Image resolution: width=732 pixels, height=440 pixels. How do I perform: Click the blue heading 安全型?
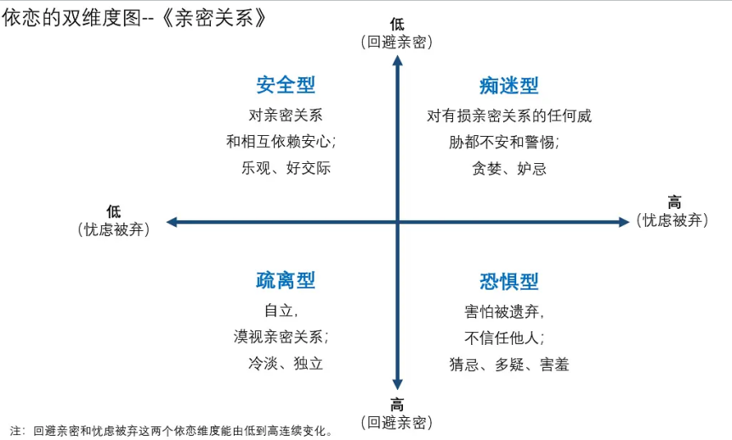(x=286, y=85)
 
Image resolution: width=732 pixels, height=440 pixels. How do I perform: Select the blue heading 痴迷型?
(x=509, y=86)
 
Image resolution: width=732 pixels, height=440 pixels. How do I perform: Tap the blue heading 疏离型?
(x=286, y=280)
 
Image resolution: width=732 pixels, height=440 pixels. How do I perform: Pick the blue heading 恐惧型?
(x=509, y=281)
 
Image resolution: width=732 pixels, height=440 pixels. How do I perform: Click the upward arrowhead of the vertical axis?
(x=397, y=60)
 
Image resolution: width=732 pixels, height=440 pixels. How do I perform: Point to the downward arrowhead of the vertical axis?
(x=397, y=384)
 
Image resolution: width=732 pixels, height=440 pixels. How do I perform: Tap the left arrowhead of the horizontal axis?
(x=172, y=222)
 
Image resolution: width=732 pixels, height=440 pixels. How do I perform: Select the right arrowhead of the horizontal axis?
(x=624, y=222)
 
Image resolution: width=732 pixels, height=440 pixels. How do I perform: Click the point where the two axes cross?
(x=397, y=222)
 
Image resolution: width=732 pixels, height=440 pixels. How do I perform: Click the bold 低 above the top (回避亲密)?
(x=397, y=24)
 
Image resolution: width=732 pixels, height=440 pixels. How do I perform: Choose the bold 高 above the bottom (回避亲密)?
(x=397, y=404)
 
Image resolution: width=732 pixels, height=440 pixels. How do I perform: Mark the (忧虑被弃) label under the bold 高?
(x=672, y=220)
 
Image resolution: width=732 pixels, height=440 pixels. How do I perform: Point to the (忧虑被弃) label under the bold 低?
(x=114, y=229)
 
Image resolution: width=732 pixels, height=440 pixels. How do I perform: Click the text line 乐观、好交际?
(x=286, y=168)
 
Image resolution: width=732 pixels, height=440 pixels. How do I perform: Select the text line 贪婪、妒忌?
(x=509, y=168)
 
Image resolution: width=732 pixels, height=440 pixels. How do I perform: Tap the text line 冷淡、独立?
(x=286, y=363)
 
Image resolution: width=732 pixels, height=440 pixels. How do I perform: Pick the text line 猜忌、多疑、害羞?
(x=509, y=364)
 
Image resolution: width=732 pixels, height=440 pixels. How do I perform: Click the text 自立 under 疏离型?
(x=278, y=310)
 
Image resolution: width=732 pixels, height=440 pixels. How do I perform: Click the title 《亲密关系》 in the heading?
(x=214, y=18)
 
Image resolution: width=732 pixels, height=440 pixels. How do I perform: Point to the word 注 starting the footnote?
(x=15, y=430)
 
